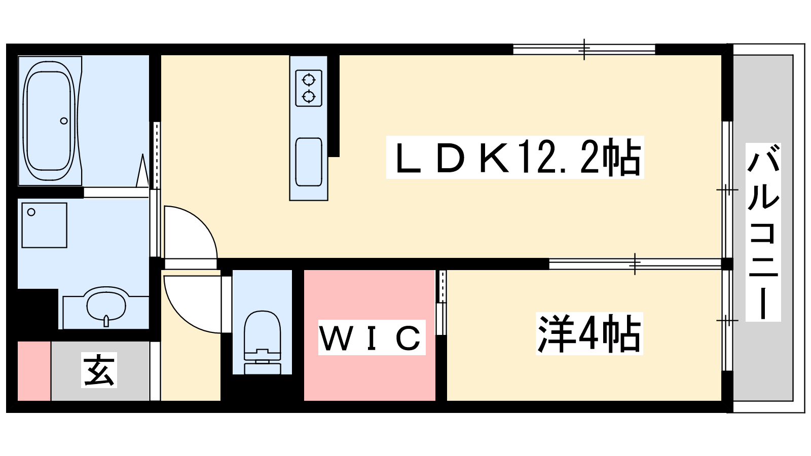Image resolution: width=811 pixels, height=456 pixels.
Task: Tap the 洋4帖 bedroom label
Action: pos(589,333)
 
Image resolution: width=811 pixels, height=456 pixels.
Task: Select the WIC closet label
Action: pos(372,337)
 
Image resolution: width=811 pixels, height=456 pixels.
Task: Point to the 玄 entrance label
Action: pos(99,370)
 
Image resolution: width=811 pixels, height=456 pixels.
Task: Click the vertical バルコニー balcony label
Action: pos(763,232)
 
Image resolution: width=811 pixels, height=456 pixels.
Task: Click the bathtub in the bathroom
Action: pos(50,121)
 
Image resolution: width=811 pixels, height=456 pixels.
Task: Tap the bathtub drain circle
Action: pos(64,121)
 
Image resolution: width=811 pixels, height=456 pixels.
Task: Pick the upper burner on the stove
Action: pos(309,79)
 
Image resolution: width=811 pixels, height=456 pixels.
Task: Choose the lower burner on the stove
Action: pos(309,97)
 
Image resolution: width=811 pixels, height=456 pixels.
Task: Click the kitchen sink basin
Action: pos(309,162)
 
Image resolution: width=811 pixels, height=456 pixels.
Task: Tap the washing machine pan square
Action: pos(44,225)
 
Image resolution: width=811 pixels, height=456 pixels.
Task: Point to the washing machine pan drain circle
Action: pos(31,212)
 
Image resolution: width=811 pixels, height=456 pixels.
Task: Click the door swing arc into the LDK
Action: pos(191,232)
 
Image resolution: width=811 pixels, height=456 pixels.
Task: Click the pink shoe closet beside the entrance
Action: pos(34,371)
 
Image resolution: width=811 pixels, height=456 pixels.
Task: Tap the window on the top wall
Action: pos(584,49)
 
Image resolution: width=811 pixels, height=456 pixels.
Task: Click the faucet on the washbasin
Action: pos(106,321)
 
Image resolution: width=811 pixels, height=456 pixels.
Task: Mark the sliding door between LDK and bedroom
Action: pos(635,264)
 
